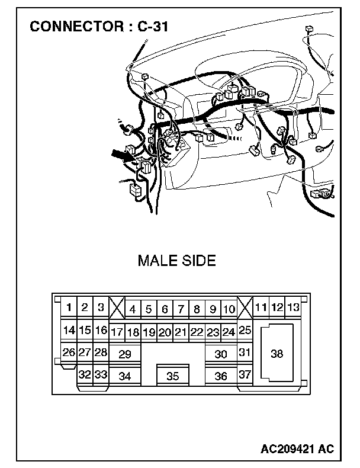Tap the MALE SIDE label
click(176, 261)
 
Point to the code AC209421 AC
click(297, 449)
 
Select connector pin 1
click(69, 307)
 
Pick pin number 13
click(292, 307)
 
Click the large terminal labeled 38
click(277, 354)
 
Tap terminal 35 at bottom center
click(172, 376)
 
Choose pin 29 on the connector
click(124, 354)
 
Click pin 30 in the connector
click(221, 354)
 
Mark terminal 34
click(124, 376)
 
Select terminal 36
click(221, 376)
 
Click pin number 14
click(69, 330)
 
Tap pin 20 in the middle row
click(165, 332)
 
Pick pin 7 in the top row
click(181, 309)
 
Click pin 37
click(245, 374)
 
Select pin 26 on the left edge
click(69, 352)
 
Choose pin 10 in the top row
click(229, 309)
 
